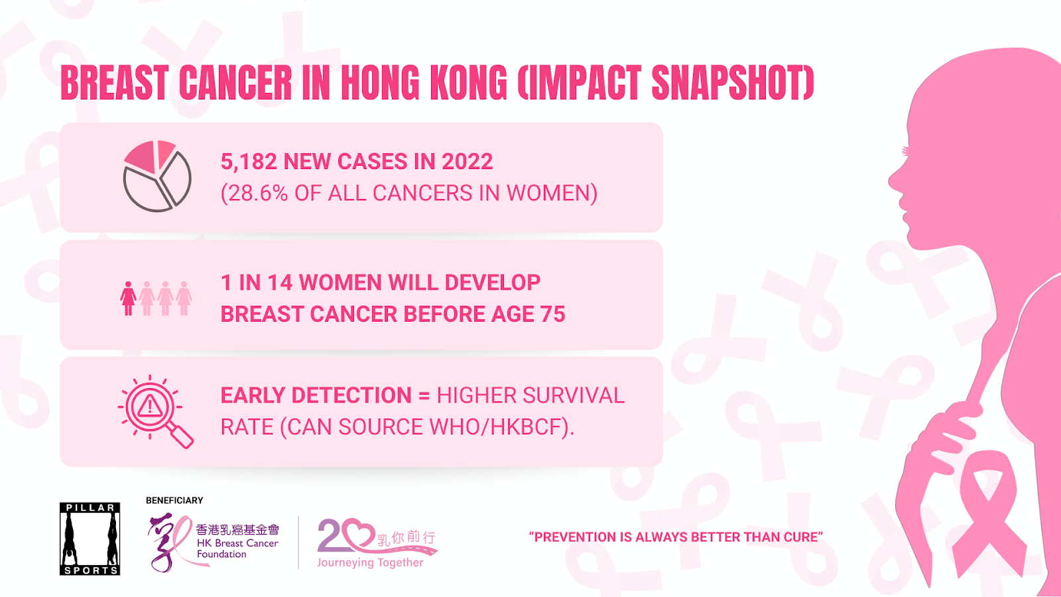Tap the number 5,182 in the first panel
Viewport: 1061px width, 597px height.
249,162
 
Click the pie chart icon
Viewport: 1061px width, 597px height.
156,176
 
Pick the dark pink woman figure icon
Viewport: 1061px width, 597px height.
128,298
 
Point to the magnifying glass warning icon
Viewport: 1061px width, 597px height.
155,411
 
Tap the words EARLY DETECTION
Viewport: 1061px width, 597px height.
316,395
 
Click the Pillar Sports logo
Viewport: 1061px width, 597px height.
90,539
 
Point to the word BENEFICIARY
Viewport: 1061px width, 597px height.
174,500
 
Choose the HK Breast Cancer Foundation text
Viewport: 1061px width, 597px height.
237,548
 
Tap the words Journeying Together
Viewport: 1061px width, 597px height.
371,563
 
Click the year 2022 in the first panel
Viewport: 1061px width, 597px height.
468,162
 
